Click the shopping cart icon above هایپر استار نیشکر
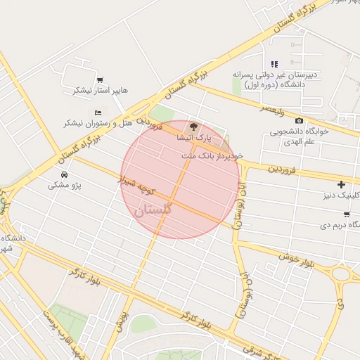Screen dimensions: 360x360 [101, 80]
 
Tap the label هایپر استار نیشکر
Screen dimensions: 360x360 [101, 91]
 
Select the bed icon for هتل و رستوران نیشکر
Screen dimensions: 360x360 [98, 112]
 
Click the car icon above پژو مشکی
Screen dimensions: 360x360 [65, 174]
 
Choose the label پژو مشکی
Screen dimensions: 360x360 [65, 186]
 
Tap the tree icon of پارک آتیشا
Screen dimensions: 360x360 [194, 127]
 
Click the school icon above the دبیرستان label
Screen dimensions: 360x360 [274, 64]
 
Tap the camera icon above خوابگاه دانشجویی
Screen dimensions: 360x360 [300, 121]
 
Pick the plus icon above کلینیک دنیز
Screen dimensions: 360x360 [341, 185]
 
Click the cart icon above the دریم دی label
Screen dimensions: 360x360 [347, 214]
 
